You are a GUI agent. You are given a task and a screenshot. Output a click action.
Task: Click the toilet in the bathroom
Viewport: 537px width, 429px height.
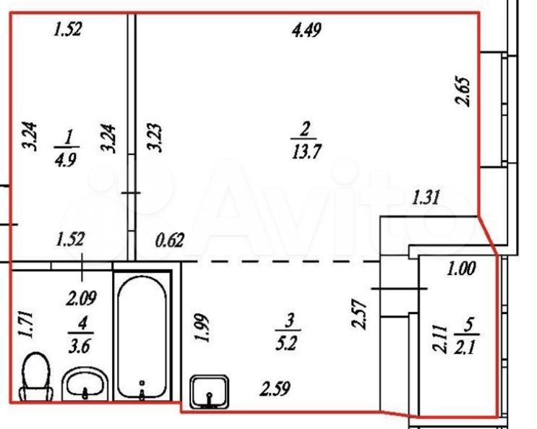click(x=35, y=376)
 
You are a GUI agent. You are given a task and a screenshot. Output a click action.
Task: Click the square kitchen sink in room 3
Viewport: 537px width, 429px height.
click(x=210, y=391)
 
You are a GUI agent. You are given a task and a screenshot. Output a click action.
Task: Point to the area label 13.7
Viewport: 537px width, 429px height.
click(x=306, y=151)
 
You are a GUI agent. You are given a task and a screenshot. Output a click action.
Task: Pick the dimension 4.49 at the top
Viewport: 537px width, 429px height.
click(x=306, y=30)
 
